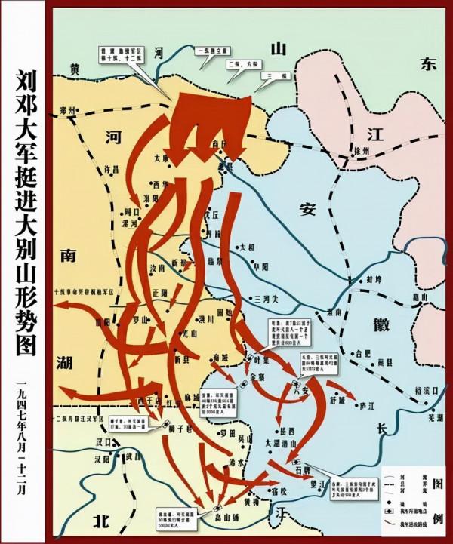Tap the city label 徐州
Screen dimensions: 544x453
365,151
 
